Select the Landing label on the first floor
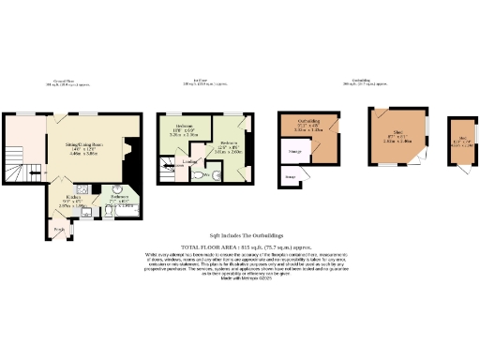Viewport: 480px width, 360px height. pos(190,160)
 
